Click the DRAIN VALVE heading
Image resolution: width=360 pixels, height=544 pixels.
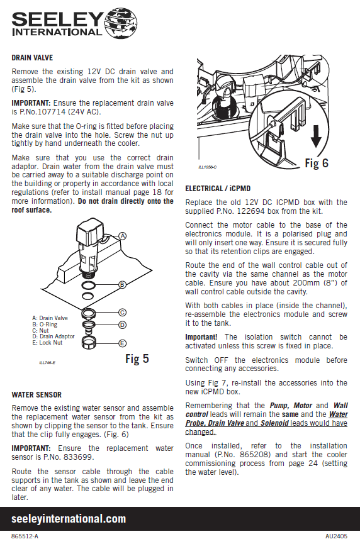pyautogui.click(x=32, y=58)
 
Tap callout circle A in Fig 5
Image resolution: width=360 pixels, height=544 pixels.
pyautogui.click(x=122, y=236)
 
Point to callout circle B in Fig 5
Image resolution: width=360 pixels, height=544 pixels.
pyautogui.click(x=122, y=285)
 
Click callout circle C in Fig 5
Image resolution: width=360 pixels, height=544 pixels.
pyautogui.click(x=122, y=312)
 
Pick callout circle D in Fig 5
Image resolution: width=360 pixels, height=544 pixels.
pyautogui.click(x=122, y=325)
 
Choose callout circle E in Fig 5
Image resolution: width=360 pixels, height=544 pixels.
pyautogui.click(x=122, y=343)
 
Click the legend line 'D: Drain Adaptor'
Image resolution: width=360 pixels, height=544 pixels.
pyautogui.click(x=53, y=336)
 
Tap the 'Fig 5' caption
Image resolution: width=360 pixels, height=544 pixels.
pyautogui.click(x=137, y=358)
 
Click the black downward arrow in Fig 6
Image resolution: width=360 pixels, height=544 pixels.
pyautogui.click(x=315, y=136)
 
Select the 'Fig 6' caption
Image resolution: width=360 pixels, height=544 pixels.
pyautogui.click(x=316, y=163)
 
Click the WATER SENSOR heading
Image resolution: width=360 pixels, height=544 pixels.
pyautogui.click(x=37, y=395)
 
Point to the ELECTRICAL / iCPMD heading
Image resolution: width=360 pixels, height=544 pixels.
pyautogui.click(x=218, y=189)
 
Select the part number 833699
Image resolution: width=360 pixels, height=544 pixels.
pyautogui.click(x=78, y=457)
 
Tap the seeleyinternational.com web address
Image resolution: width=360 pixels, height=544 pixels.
pyautogui.click(x=69, y=519)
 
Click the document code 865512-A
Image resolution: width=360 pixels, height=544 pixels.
pyautogui.click(x=25, y=536)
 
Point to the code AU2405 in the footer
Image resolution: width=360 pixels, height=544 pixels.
pyautogui.click(x=336, y=536)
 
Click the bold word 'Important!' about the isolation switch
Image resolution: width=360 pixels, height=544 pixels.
pyautogui.click(x=201, y=337)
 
